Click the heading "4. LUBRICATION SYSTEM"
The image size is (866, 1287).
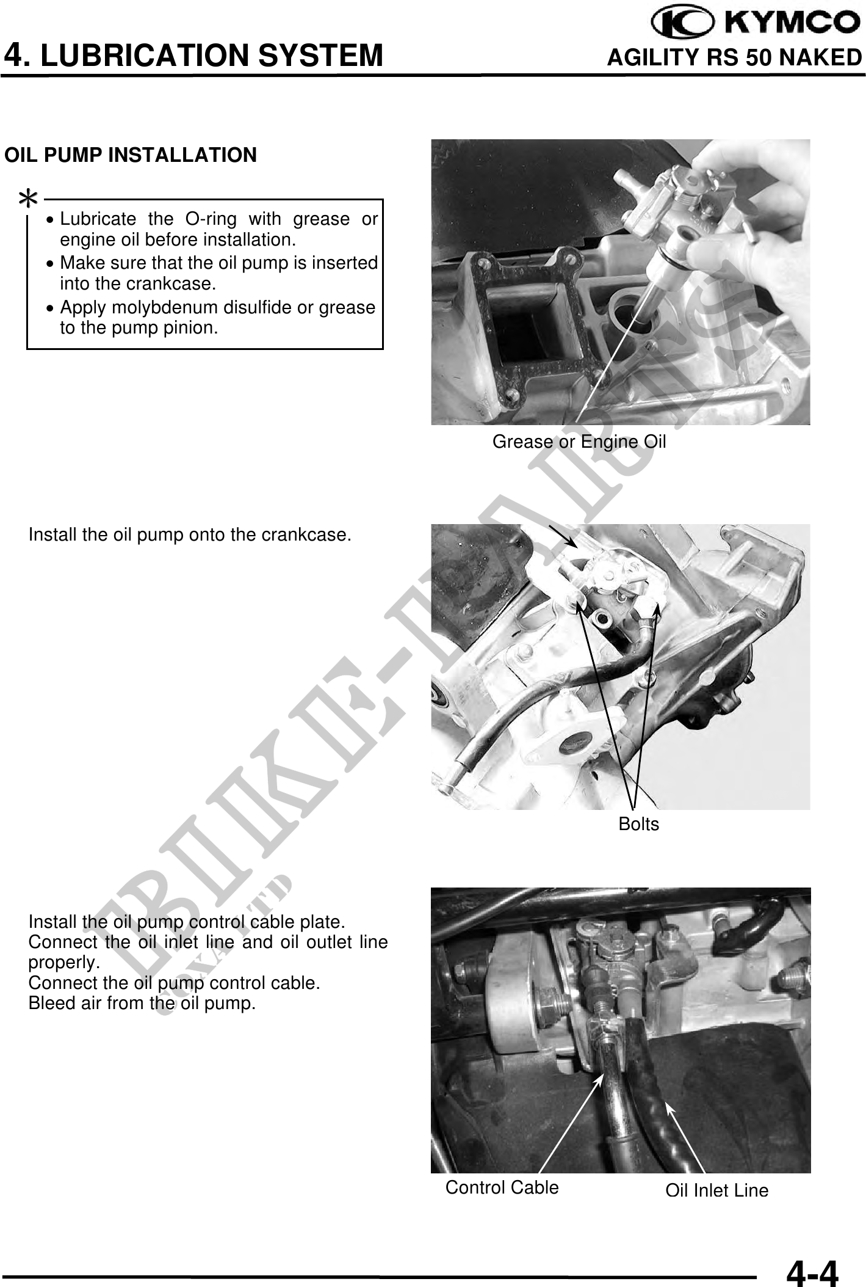point(193,56)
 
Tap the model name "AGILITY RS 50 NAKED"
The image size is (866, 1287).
point(735,57)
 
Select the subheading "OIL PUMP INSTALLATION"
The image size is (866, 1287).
point(131,155)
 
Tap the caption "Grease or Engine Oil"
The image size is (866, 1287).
point(579,442)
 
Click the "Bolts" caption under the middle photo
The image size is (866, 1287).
point(639,824)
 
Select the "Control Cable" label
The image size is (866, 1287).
point(502,1187)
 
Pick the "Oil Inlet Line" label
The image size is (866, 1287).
point(716,1190)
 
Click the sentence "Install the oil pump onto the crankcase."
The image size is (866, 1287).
point(190,535)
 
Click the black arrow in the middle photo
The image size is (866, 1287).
point(562,535)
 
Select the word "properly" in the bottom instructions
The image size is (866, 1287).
point(62,963)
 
